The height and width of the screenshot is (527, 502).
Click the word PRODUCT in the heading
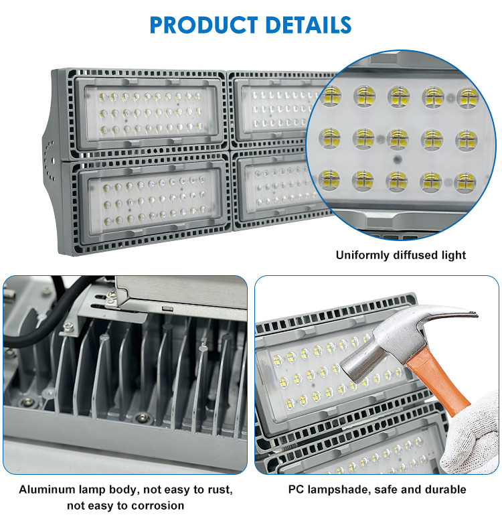(203, 25)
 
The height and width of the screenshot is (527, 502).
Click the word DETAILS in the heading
(308, 25)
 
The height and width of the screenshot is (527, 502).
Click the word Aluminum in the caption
(47, 490)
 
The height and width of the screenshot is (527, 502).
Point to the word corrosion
(159, 506)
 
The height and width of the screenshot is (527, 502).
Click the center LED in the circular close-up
(398, 139)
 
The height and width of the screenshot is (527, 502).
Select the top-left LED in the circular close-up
(331, 96)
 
